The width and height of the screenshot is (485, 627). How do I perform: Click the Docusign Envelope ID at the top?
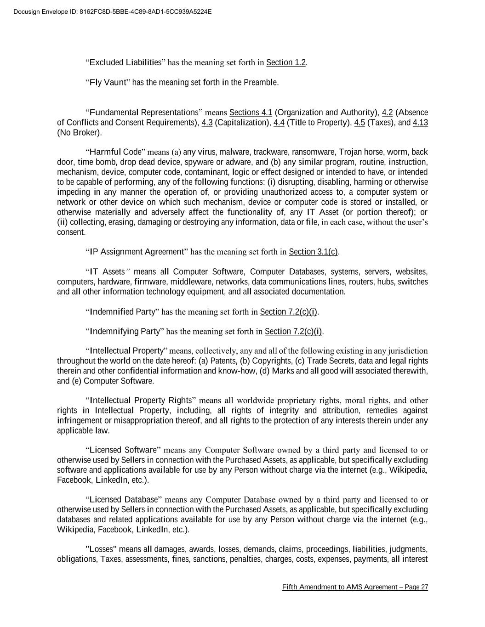click(x=113, y=11)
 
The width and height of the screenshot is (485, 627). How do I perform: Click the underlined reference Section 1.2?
click(x=286, y=62)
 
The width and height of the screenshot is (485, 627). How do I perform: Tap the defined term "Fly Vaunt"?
click(x=108, y=83)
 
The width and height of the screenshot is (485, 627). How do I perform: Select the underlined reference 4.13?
click(x=420, y=123)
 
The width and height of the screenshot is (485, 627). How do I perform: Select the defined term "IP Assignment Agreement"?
click(x=137, y=252)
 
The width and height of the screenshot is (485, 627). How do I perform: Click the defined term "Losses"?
click(x=102, y=549)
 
